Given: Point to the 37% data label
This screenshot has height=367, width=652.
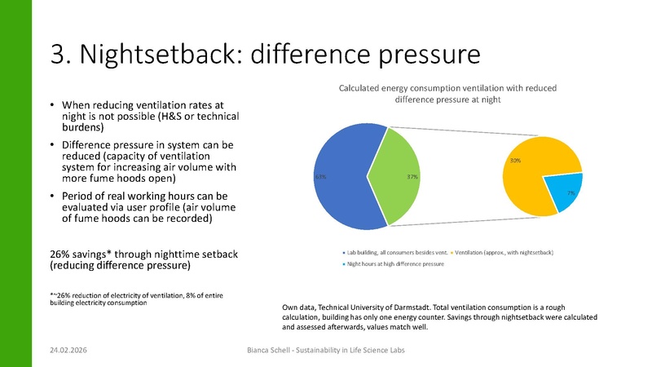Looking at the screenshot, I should (x=413, y=176).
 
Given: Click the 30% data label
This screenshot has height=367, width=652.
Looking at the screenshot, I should (x=516, y=161).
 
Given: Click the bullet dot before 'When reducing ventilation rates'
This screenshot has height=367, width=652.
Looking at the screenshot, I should (x=52, y=106).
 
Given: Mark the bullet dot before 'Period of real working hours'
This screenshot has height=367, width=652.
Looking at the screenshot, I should (x=52, y=198).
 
